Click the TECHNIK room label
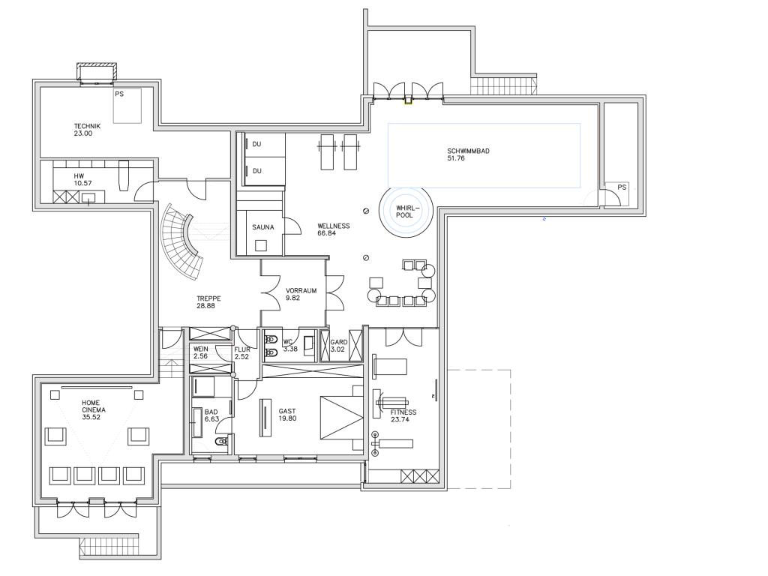pyautogui.click(x=87, y=126)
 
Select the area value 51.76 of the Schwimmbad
pyautogui.click(x=455, y=158)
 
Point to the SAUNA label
pyautogui.click(x=263, y=227)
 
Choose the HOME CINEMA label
pyautogui.click(x=94, y=406)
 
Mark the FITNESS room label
pyautogui.click(x=403, y=412)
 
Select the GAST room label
pyautogui.click(x=287, y=412)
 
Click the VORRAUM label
pyautogui.click(x=301, y=290)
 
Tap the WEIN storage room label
pyautogui.click(x=201, y=349)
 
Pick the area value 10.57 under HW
pyautogui.click(x=82, y=183)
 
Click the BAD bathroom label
pyautogui.click(x=211, y=412)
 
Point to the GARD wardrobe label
pyautogui.click(x=339, y=342)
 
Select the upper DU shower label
pyautogui.click(x=256, y=144)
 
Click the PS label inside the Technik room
pyautogui.click(x=119, y=94)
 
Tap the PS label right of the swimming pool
pyautogui.click(x=622, y=187)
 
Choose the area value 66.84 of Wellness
pyautogui.click(x=327, y=233)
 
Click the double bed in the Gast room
pyautogui.click(x=342, y=417)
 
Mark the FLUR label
pyautogui.click(x=242, y=349)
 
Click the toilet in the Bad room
pyautogui.click(x=222, y=442)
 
